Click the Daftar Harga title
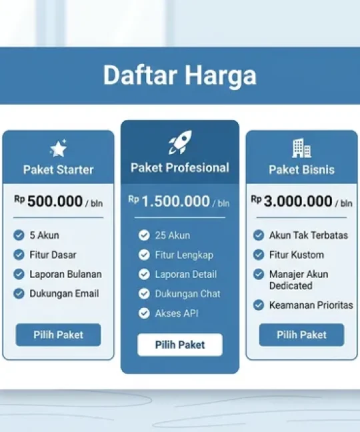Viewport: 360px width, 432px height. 179,75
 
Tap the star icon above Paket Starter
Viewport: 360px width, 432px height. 58,149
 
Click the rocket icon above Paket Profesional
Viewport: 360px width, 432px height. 179,143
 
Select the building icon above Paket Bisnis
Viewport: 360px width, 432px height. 301,148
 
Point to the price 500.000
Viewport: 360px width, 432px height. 55,201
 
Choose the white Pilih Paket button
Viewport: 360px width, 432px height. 179,345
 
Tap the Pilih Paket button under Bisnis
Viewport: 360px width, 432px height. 301,335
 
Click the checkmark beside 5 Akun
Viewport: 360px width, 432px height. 19,235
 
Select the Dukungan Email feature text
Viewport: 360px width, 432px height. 64,293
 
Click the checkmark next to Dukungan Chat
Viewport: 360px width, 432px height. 144,293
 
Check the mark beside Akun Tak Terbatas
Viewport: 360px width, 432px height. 259,235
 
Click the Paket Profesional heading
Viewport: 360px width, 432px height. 179,167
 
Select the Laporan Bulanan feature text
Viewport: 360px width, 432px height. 66,274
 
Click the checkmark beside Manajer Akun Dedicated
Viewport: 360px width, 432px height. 259,274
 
